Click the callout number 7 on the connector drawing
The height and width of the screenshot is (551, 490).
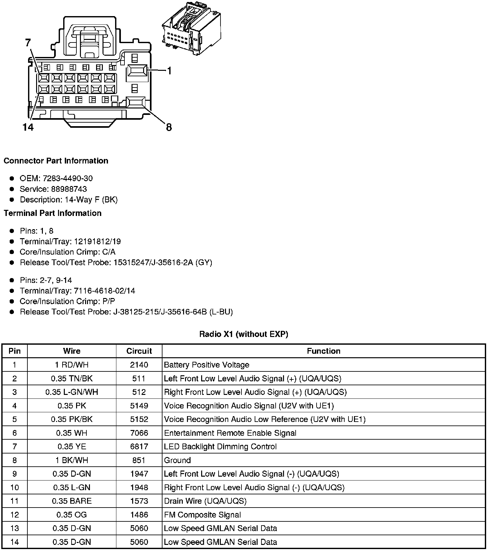[x=28, y=43]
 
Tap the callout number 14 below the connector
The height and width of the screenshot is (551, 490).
[x=28, y=127]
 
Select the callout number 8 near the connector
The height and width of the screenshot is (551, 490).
[x=169, y=127]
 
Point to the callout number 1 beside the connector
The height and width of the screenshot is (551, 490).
[x=169, y=71]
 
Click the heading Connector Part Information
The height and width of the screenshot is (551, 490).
[x=56, y=161]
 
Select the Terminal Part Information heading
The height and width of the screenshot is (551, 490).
[x=53, y=213]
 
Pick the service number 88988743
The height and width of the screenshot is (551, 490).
[x=69, y=189]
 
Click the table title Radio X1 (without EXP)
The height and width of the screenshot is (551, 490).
[x=243, y=334]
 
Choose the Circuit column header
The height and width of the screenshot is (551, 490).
[x=139, y=351]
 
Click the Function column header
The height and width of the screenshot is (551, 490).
[x=323, y=351]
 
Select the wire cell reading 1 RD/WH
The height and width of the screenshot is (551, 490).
[x=72, y=365]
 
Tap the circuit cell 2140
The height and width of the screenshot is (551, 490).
[x=139, y=365]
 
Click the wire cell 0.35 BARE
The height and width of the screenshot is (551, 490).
[x=72, y=501]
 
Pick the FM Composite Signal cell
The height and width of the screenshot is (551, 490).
[x=202, y=515]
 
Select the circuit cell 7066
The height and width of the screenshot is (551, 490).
[x=139, y=433]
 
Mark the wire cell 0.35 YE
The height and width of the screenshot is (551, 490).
[x=72, y=446]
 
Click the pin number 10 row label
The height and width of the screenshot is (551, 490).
[x=15, y=487]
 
